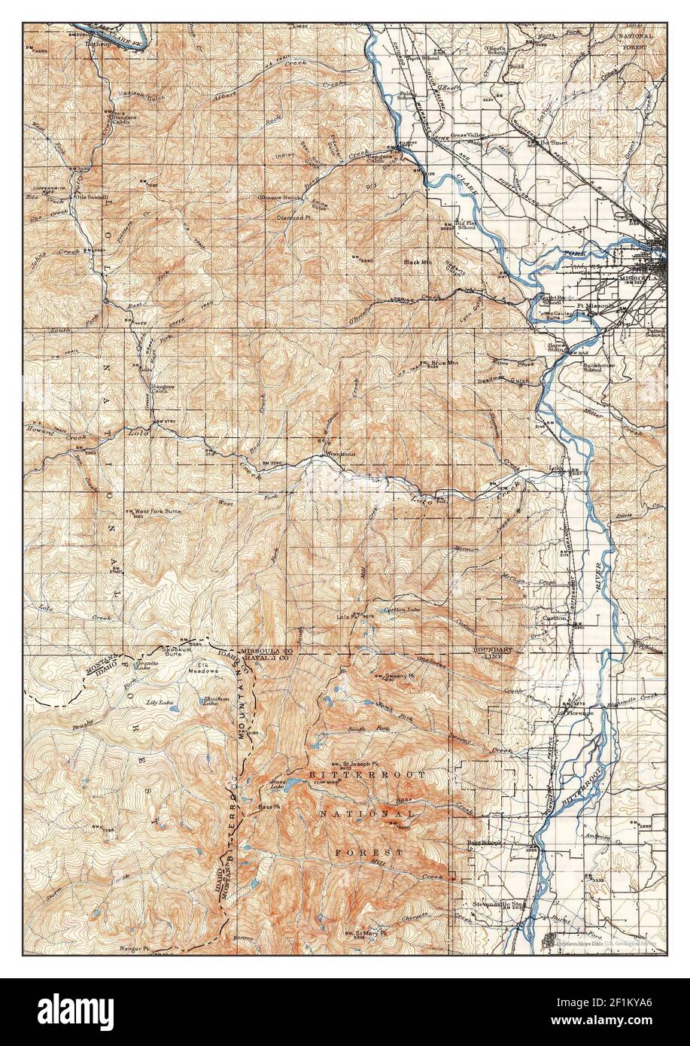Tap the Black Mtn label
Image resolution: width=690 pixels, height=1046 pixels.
416,262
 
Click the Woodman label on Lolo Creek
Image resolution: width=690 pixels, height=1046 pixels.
338,454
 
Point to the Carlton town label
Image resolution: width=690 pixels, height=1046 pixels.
555,618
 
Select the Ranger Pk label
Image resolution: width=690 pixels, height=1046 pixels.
136,949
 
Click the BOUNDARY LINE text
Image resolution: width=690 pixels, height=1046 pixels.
492,652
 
